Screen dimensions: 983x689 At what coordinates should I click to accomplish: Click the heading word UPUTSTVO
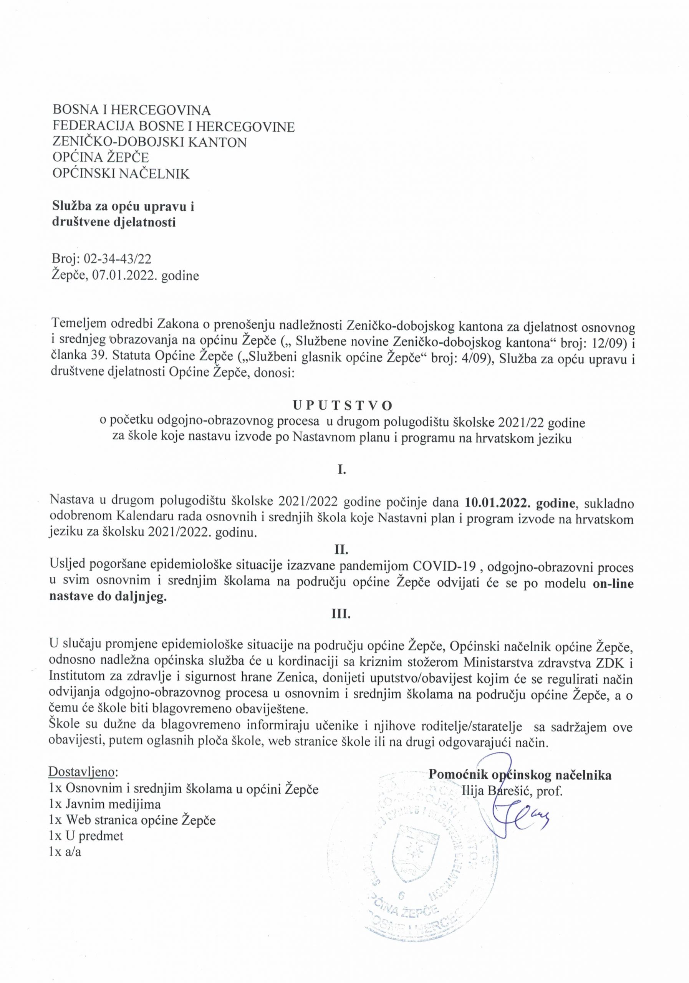pos(342,405)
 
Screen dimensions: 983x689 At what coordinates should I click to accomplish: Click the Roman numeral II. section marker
pos(342,548)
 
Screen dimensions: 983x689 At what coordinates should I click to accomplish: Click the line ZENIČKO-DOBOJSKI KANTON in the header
pos(149,142)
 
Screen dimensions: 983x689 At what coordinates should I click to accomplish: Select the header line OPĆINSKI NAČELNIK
pos(121,174)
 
